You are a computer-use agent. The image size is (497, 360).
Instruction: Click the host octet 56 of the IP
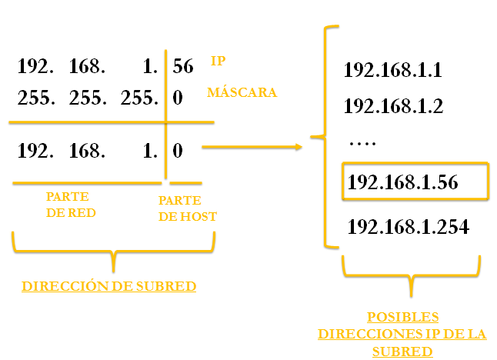tap(183, 67)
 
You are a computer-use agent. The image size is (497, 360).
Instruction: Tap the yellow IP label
tap(218, 60)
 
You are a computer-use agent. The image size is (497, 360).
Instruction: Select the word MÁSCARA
tap(242, 92)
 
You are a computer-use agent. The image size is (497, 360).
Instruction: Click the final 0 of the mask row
tap(178, 98)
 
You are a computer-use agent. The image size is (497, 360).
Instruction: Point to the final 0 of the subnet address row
tap(178, 151)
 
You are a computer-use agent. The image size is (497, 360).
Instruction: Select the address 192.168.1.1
tap(392, 72)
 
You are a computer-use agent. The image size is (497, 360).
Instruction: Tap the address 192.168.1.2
tap(393, 105)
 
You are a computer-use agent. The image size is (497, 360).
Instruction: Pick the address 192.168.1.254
tap(409, 227)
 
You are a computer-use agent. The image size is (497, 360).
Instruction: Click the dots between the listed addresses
tap(361, 142)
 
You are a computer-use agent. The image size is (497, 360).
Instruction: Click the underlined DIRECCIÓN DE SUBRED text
tap(108, 286)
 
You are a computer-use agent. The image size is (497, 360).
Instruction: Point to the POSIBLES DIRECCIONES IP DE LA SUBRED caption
tap(402, 334)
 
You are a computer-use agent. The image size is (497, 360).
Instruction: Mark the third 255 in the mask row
tap(139, 98)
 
